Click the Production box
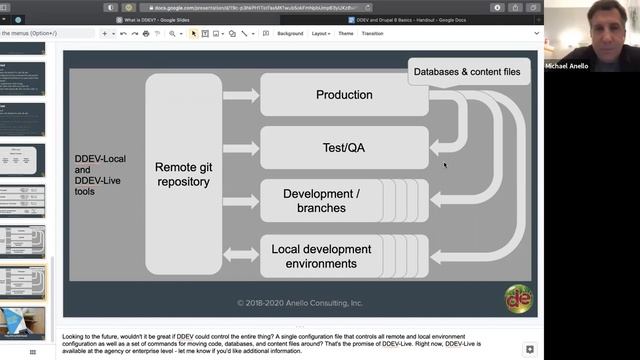click(x=344, y=95)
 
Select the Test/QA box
click(x=344, y=147)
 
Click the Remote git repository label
click(x=182, y=174)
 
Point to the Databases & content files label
click(x=465, y=71)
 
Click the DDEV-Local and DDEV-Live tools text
click(x=99, y=174)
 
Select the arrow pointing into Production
click(x=241, y=96)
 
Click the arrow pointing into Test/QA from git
click(x=241, y=148)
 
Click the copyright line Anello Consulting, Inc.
click(x=299, y=302)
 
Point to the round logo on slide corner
click(x=518, y=298)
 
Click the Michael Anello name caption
click(x=566, y=66)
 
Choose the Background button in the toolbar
click(x=290, y=33)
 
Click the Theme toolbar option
click(x=346, y=33)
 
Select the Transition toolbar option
click(x=373, y=33)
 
